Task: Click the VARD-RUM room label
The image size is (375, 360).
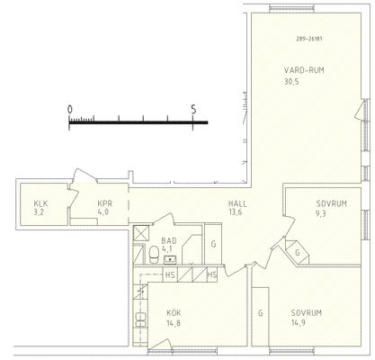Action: (304, 70)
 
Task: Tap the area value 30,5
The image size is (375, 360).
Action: (291, 82)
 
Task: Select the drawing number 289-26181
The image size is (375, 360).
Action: (309, 39)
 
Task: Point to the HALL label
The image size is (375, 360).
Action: (237, 204)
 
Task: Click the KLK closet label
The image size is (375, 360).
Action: (40, 204)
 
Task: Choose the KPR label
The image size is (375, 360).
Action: (105, 203)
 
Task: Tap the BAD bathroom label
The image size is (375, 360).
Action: (169, 240)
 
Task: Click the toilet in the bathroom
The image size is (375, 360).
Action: (154, 255)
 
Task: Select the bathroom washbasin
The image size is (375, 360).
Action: (170, 259)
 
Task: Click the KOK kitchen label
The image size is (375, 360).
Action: (174, 313)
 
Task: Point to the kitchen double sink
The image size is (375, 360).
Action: (140, 319)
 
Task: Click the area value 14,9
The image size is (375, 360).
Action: (299, 323)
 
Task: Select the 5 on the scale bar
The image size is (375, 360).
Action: (193, 109)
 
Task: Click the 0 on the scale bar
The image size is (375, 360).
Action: (70, 110)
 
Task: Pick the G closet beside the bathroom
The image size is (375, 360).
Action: (213, 244)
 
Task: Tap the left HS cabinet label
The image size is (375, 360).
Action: (170, 275)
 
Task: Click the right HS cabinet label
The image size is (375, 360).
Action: (212, 274)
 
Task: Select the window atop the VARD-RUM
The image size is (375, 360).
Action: (292, 8)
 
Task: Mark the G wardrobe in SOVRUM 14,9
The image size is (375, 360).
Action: (261, 313)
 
